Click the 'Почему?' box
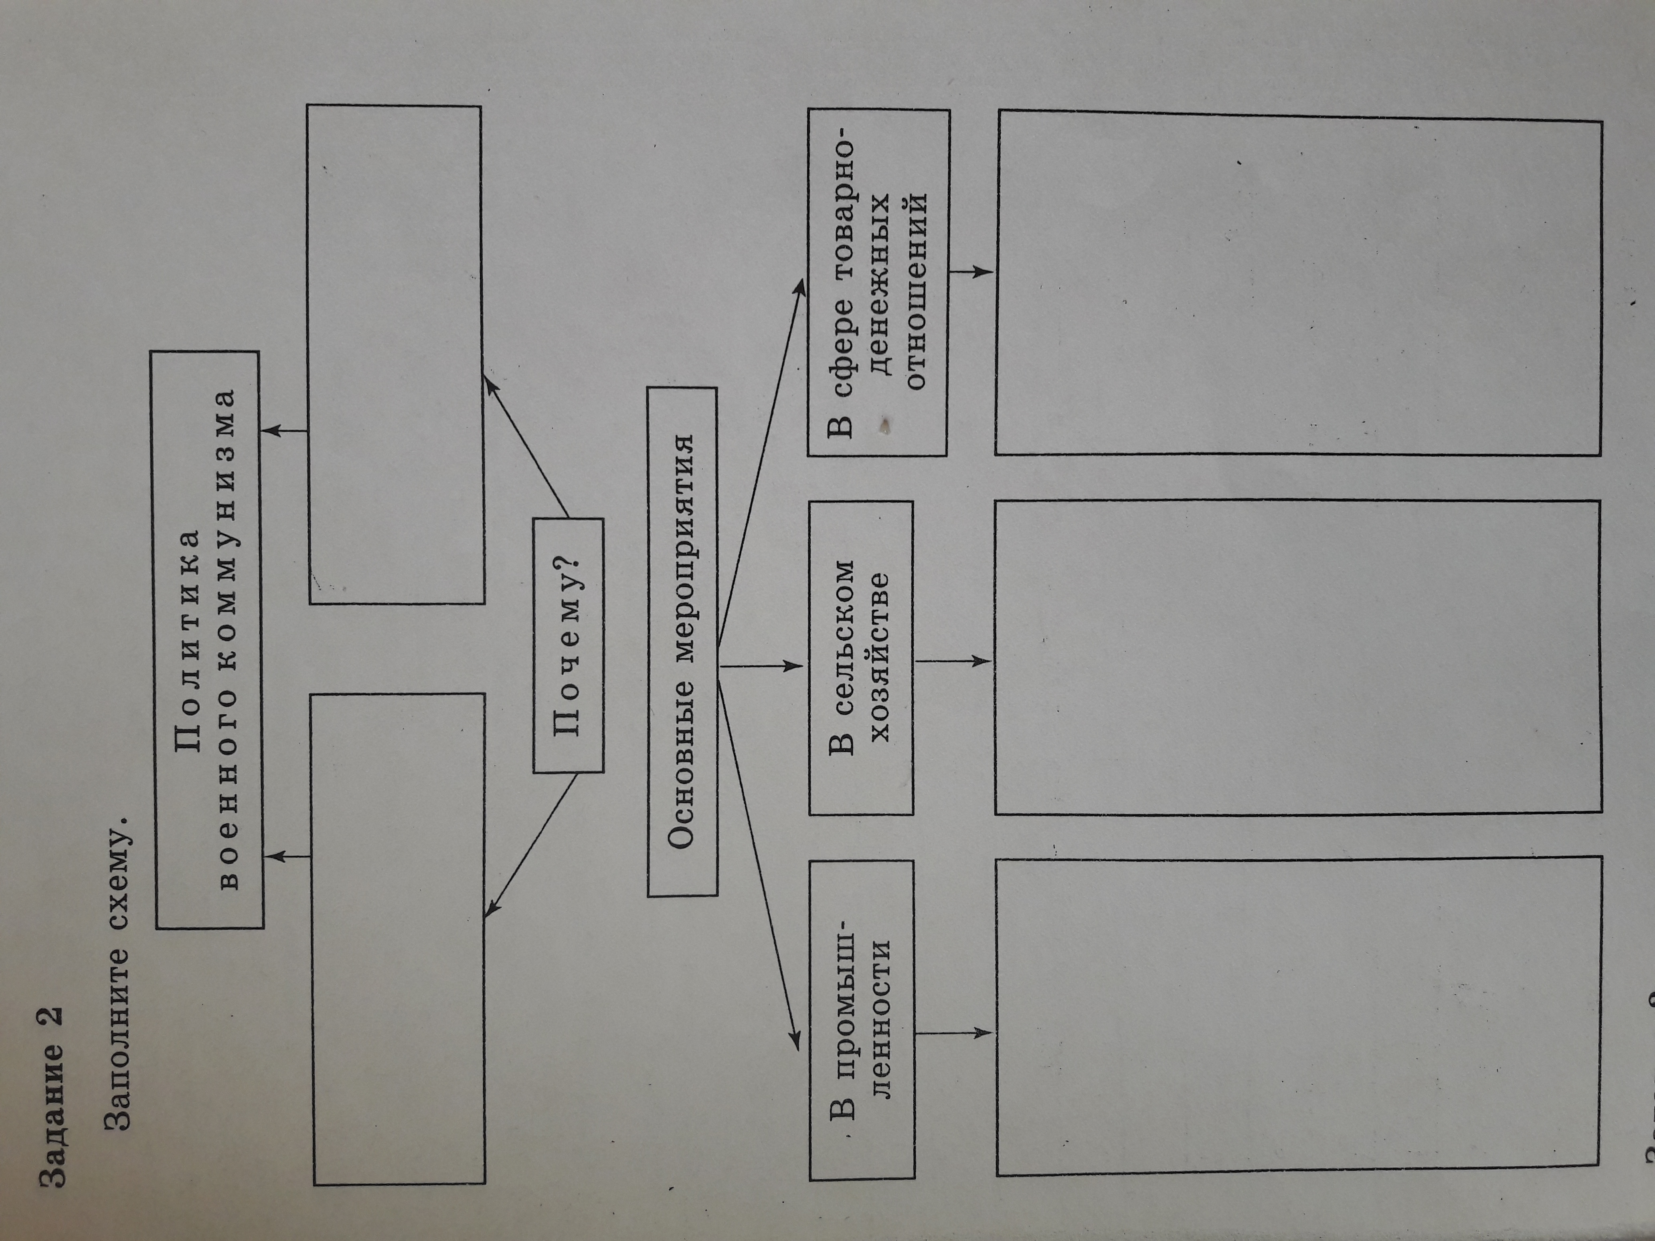(568, 645)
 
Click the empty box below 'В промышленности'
(1298, 1025)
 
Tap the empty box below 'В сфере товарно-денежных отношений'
(1298, 284)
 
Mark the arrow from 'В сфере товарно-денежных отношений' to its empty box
(971, 271)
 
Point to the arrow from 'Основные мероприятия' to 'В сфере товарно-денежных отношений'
(759, 471)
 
